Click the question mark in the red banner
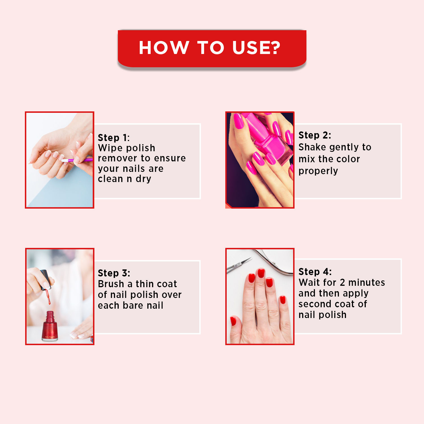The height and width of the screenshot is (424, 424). coord(273,47)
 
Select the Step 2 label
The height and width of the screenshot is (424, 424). coord(315,135)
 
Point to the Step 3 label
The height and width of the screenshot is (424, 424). coord(114,273)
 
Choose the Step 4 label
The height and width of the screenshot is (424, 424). coord(315,272)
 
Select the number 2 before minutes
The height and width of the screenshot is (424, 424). coord(342,282)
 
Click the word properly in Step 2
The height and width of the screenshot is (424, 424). coord(318,171)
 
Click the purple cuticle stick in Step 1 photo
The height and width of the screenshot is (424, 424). coord(79,160)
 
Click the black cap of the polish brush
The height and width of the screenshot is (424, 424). coord(46,278)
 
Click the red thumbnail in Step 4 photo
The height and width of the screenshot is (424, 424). coord(233,321)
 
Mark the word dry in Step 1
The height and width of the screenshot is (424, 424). coord(143,179)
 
